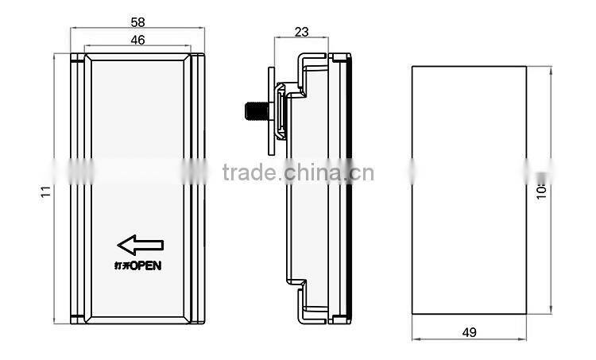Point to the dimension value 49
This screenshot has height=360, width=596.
(x=469, y=332)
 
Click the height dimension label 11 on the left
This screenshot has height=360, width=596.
(x=45, y=190)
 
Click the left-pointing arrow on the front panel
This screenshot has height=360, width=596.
(x=139, y=246)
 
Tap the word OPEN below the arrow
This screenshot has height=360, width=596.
(x=145, y=265)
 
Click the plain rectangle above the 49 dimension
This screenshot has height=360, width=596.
(x=469, y=190)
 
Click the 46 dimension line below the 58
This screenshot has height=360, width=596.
(x=137, y=46)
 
